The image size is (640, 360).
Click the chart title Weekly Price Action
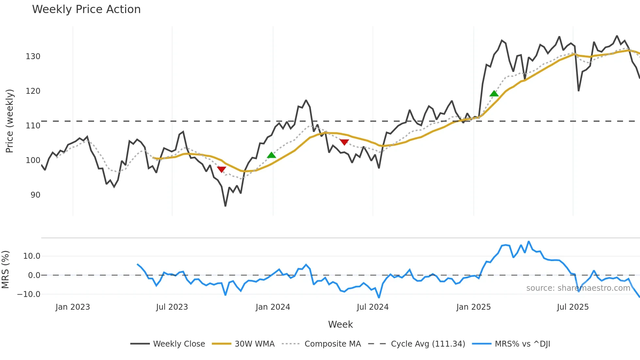(86, 9)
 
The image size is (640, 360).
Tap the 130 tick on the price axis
(33, 57)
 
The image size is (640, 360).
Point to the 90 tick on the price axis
(35, 195)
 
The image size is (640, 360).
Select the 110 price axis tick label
(33, 126)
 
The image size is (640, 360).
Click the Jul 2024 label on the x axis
(373, 307)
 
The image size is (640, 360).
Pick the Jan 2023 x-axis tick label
(72, 307)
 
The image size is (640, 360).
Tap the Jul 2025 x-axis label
(573, 307)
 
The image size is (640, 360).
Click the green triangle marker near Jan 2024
(271, 155)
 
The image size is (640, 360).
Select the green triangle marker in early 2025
(494, 94)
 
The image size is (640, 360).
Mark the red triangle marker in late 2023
(221, 169)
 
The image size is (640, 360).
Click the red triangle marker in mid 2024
(344, 142)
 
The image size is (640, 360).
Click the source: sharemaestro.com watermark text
(578, 288)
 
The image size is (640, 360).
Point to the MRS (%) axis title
(6, 270)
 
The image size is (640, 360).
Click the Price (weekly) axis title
(9, 121)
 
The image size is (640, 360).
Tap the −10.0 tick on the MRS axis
(29, 294)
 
